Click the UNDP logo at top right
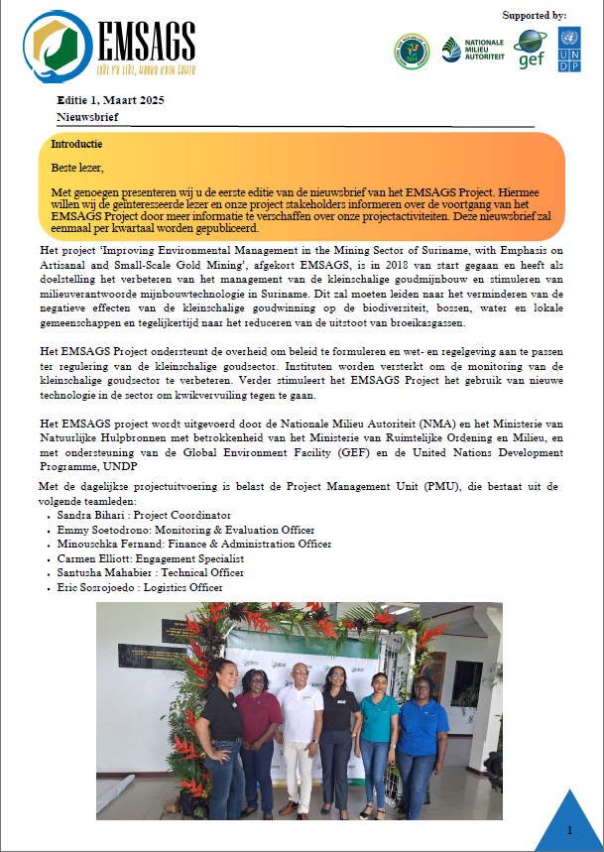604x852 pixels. pos(570,49)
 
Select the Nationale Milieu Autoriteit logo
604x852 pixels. pos(472,50)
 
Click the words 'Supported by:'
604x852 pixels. pos(535,15)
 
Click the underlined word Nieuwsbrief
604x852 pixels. pos(88,117)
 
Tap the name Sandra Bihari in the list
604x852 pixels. pos(90,516)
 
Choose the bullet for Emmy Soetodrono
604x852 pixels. pos(50,531)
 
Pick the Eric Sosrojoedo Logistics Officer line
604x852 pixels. pos(139,588)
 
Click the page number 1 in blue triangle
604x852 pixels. pos(569,828)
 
